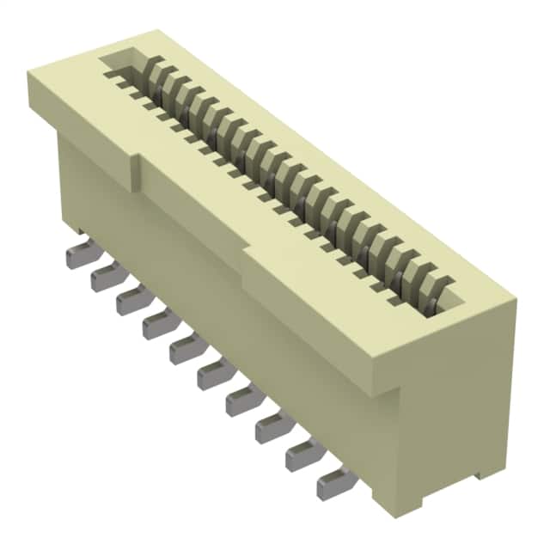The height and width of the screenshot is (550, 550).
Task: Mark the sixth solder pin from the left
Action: pos(211,373)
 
